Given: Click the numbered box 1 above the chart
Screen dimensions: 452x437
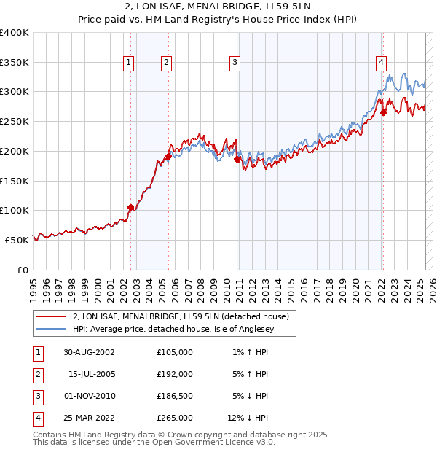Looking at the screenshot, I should [x=128, y=63].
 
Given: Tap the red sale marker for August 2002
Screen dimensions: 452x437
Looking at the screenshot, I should [x=131, y=207].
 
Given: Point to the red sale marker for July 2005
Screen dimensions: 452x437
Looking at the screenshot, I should [x=168, y=156].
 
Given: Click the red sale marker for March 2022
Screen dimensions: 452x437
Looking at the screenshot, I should [x=384, y=112].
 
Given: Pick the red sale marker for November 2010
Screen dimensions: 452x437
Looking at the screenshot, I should [x=237, y=159].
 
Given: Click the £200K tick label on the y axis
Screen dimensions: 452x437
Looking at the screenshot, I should [x=14, y=151].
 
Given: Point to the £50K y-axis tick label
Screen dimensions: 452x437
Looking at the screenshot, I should [x=17, y=240].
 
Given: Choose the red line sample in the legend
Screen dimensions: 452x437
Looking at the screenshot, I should [x=51, y=316].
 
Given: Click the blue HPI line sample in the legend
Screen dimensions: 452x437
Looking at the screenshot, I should [x=51, y=329].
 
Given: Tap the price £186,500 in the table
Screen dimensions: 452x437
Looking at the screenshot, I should [x=175, y=396].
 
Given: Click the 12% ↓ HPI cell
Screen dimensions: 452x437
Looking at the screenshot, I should [x=248, y=418].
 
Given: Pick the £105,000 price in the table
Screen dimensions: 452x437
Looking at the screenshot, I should [x=175, y=352].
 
